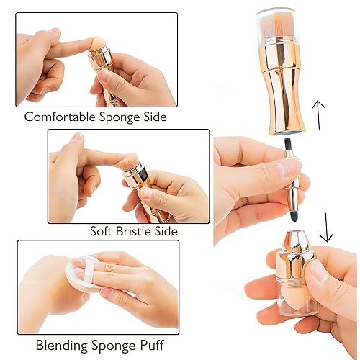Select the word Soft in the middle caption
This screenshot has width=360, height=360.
click(x=101, y=232)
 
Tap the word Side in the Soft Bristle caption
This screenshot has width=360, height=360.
click(x=165, y=232)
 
